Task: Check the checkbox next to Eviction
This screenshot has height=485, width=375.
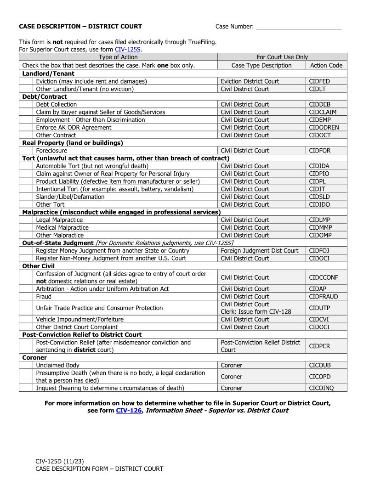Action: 26,81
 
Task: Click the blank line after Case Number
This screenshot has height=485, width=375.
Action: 298,27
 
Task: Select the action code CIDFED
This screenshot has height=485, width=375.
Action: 319,81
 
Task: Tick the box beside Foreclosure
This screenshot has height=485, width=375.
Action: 26,151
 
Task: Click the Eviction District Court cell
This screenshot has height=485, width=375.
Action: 250,81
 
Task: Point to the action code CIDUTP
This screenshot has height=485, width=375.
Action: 319,308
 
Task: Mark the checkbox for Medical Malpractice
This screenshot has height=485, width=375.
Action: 26,227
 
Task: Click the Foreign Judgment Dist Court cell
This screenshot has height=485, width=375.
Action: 259,251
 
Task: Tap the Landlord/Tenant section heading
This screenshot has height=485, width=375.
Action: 48,73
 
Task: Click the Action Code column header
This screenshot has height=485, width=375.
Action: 326,65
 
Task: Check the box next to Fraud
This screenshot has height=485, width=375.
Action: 26,297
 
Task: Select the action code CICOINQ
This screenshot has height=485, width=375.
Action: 321,388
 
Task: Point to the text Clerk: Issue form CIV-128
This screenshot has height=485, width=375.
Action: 256,312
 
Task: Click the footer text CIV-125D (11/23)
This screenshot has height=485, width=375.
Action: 59,461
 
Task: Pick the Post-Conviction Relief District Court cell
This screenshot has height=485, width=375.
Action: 260,346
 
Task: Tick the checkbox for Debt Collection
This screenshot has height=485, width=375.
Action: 26,104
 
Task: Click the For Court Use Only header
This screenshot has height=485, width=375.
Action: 282,57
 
